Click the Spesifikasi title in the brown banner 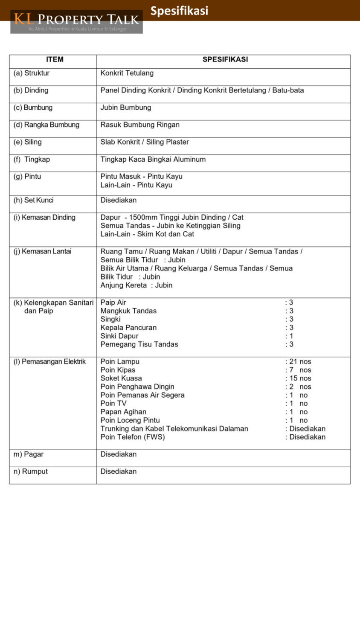click(x=179, y=11)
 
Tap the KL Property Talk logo click(x=77, y=22)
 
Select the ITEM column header click(x=55, y=60)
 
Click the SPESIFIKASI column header click(x=225, y=60)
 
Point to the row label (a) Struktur click(x=32, y=73)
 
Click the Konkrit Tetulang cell click(x=127, y=73)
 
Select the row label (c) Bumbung click(x=33, y=108)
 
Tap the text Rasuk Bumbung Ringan click(x=140, y=125)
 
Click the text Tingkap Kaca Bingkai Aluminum click(x=153, y=159)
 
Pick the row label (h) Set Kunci click(x=33, y=200)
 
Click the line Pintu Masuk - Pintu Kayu click(x=141, y=176)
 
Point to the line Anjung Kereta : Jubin click(x=136, y=285)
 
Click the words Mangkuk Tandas click(x=128, y=311)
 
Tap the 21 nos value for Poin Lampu click(x=300, y=361)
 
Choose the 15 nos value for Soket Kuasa click(x=300, y=378)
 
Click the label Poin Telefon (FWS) click(x=132, y=437)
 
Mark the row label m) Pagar click(x=29, y=454)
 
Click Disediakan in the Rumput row click(x=119, y=471)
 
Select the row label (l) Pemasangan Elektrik click(x=49, y=361)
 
